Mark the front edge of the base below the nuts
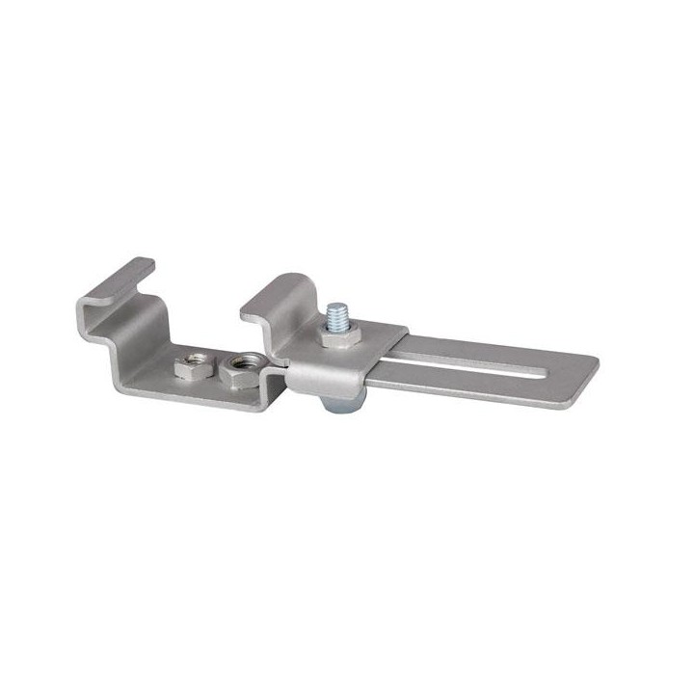[202, 397]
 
